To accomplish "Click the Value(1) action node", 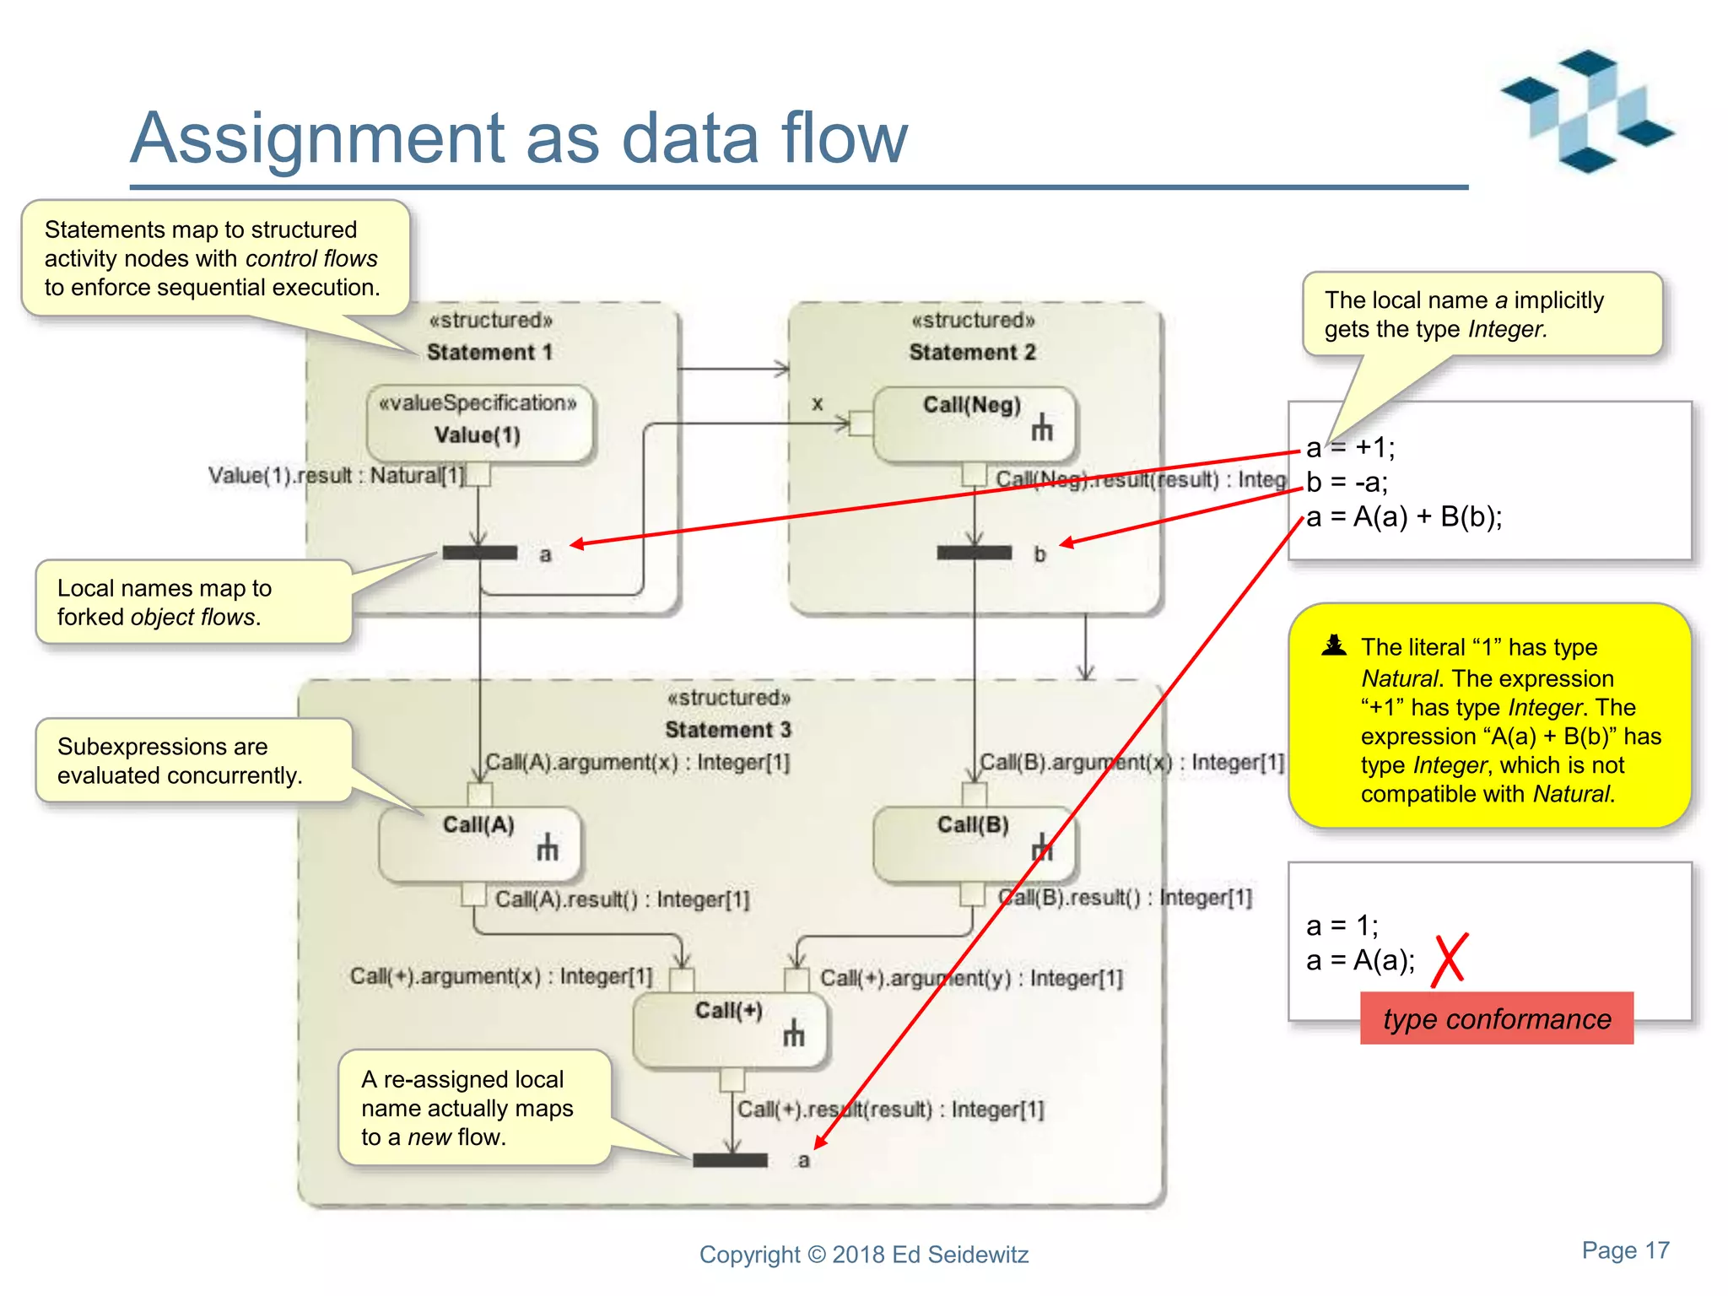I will coord(479,424).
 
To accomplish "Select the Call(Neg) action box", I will coord(974,424).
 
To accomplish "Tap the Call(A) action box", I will coord(479,844).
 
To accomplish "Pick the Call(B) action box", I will coord(974,844).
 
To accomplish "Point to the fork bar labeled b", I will coord(974,553).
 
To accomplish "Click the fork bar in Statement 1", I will coord(479,553).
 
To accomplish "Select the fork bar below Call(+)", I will coord(730,1160).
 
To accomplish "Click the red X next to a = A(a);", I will coord(1450,960).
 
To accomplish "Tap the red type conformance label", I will coord(1496,1018).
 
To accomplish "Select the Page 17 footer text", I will coord(1624,1250).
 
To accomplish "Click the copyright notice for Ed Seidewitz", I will coord(863,1255).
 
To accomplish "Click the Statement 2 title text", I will coord(972,352).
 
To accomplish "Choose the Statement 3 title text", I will coord(727,729).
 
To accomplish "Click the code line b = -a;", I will coord(1347,482).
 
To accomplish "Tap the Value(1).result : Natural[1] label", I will coord(336,476).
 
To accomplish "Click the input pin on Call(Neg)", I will coord(861,423).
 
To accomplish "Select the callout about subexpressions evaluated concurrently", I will coord(192,760).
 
